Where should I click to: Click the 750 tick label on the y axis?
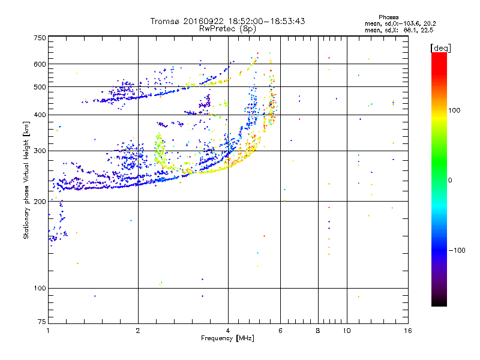click(39, 37)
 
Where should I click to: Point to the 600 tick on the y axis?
click(39, 64)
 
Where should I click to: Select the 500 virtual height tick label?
click(39, 87)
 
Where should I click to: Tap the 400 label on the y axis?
click(39, 115)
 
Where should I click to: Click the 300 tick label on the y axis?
click(39, 151)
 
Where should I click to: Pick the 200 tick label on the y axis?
click(39, 202)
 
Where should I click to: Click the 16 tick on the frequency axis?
click(407, 331)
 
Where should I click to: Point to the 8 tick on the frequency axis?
click(318, 331)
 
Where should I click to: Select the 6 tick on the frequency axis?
click(281, 331)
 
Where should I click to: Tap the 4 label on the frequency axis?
click(228, 331)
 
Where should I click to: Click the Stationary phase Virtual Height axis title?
click(26, 180)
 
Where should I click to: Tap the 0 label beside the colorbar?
click(450, 180)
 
